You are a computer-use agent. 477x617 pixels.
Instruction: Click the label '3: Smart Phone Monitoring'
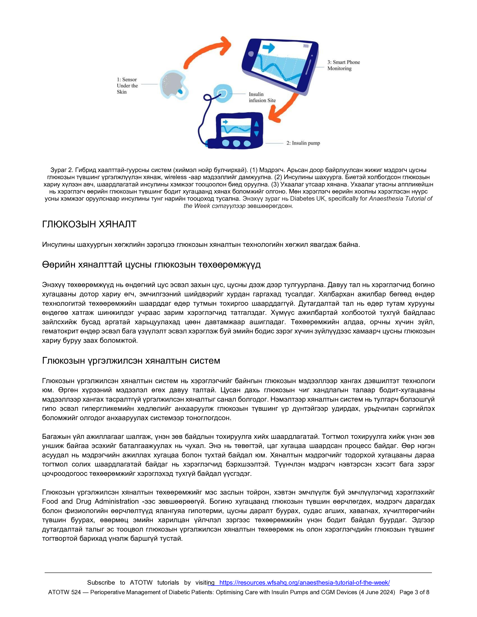(343, 65)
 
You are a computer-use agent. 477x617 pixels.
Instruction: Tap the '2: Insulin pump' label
(303, 143)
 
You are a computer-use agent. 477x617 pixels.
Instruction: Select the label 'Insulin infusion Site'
(262, 97)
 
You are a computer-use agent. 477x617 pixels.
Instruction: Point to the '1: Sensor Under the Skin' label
(127, 86)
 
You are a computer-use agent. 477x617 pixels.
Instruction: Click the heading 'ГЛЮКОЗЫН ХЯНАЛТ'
(89, 224)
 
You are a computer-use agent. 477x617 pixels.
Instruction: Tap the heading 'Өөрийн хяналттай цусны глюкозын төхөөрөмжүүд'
(151, 265)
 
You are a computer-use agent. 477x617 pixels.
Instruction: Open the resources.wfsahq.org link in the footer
(304, 582)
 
